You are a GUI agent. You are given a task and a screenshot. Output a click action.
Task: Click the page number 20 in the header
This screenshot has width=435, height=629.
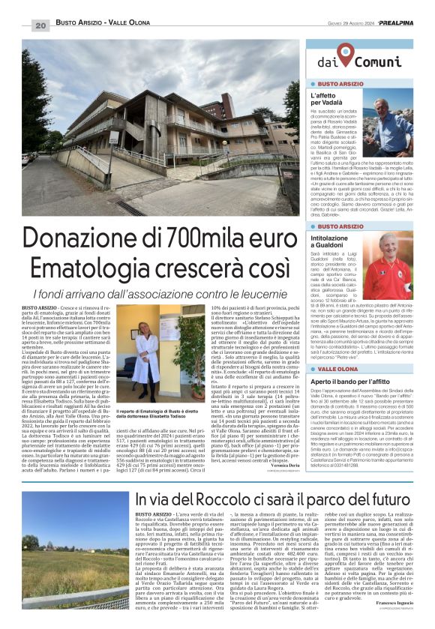click(41, 26)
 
